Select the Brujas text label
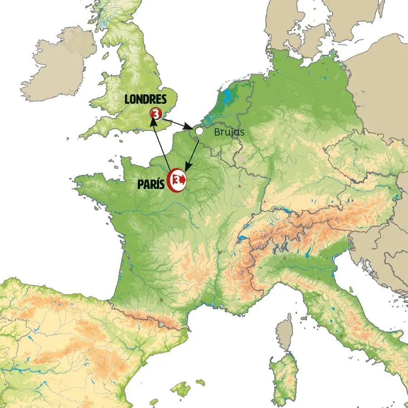[x=229, y=132]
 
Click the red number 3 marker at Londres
[x=155, y=113]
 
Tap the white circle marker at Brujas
[x=199, y=131]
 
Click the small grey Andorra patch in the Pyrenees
[x=161, y=324]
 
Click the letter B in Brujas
[x=217, y=132]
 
